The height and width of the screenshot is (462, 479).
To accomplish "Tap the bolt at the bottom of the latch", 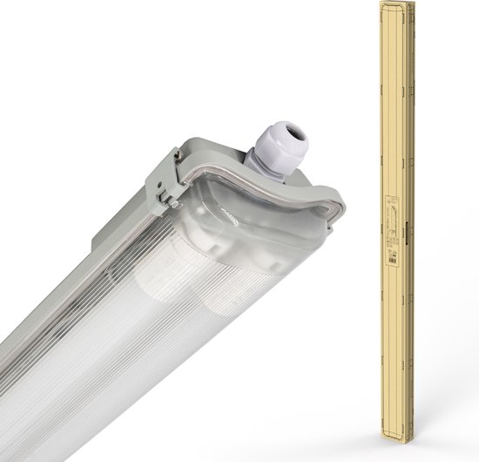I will tap(175, 203).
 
